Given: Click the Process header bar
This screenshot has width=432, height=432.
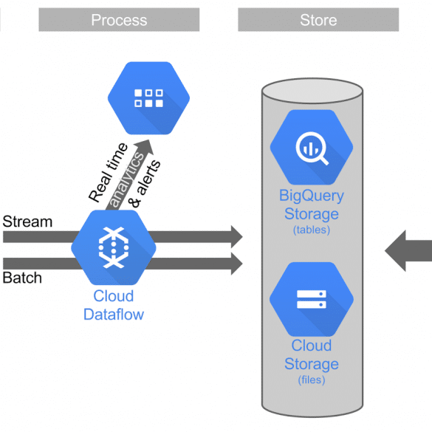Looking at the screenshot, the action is point(119,19).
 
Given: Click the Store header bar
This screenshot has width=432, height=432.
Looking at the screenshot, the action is point(318,19).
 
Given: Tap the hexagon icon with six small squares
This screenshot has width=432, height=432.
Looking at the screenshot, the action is point(148,98).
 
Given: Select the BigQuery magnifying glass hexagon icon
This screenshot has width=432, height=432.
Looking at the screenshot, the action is point(312,147).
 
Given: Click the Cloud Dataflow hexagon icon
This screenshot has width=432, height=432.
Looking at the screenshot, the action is point(114,247).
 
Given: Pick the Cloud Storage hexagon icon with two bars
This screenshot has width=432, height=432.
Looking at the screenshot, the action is point(312,299).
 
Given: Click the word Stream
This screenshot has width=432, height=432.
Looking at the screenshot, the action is point(27,222).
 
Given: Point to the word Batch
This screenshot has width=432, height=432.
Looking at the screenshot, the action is point(22,278).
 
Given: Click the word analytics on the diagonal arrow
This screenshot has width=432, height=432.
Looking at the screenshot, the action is point(127,179).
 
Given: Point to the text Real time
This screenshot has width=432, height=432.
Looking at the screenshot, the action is point(108,172).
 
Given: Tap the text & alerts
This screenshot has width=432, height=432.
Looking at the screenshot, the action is point(145,184).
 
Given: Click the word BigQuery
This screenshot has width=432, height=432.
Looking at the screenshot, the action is point(312,196).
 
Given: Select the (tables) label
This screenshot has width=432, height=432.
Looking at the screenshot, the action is point(312,230).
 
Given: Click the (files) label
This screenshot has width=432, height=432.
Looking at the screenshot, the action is point(312,380).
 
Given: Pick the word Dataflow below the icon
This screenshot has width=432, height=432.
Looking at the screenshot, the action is point(114,315).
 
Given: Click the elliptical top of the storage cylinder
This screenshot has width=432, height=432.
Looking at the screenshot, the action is point(312,91).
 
